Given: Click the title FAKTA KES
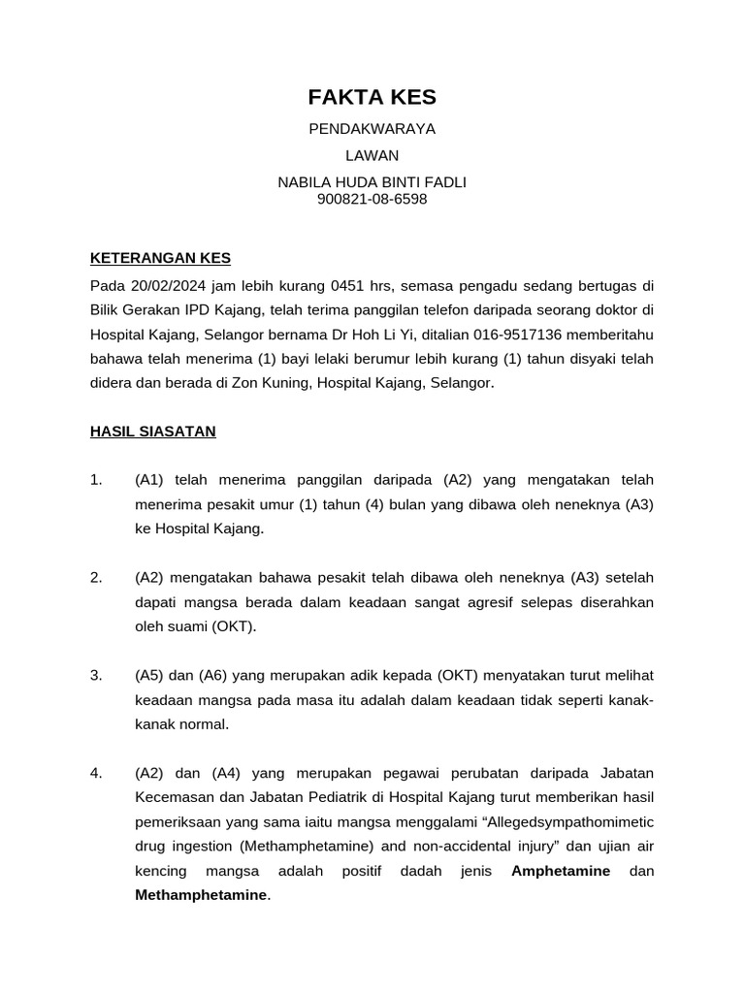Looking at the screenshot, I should click(x=372, y=97).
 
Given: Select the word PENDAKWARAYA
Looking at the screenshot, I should click(x=372, y=129).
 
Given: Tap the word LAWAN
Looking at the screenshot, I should click(x=372, y=155).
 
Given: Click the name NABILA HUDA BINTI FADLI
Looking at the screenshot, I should click(x=372, y=182).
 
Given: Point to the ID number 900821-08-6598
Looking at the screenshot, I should click(x=372, y=200).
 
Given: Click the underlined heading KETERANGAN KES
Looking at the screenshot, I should click(x=160, y=258).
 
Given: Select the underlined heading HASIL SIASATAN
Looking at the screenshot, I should click(x=152, y=432).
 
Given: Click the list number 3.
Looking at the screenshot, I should click(x=95, y=675).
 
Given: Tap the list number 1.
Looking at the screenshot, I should click(x=95, y=480).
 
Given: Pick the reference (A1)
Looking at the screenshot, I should click(x=151, y=480).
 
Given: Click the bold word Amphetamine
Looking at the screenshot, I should click(x=561, y=871).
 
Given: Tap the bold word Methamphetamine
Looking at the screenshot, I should click(x=201, y=895).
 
